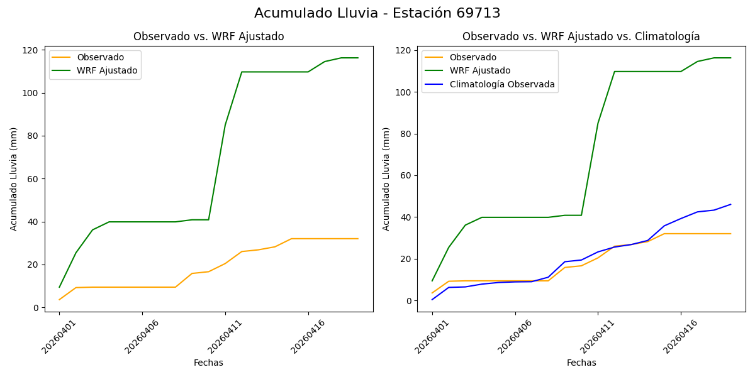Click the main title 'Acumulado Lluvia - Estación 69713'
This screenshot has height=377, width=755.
(377, 13)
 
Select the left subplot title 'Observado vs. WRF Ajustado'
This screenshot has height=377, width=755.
(208, 36)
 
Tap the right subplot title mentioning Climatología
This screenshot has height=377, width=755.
(581, 36)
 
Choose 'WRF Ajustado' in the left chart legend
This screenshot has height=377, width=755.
(107, 70)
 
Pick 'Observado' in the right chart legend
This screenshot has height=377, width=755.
(473, 57)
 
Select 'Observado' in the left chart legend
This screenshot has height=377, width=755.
(100, 57)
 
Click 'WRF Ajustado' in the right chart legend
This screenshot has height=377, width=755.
(479, 70)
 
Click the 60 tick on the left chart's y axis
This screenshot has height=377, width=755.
(35, 179)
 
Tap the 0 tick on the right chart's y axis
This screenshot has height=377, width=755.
(410, 301)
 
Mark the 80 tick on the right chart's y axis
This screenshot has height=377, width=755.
(407, 134)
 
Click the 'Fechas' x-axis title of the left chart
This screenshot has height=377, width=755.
(208, 363)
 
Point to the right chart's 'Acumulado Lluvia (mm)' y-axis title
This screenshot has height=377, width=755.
(386, 179)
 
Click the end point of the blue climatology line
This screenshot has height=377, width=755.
(730, 204)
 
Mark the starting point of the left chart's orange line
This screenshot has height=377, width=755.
(59, 300)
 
